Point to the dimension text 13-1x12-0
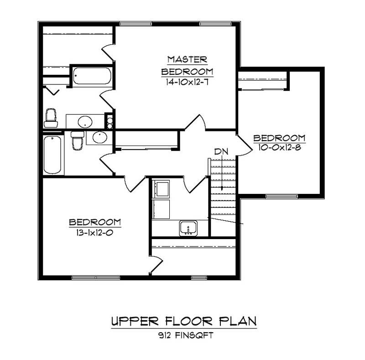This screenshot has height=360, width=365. [95, 231]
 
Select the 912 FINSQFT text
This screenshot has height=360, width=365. [184, 336]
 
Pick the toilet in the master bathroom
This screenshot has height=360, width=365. [51, 118]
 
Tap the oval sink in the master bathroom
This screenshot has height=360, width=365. [84, 121]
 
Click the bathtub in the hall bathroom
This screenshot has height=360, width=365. [53, 155]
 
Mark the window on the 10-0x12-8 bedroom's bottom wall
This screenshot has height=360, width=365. [282, 197]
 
